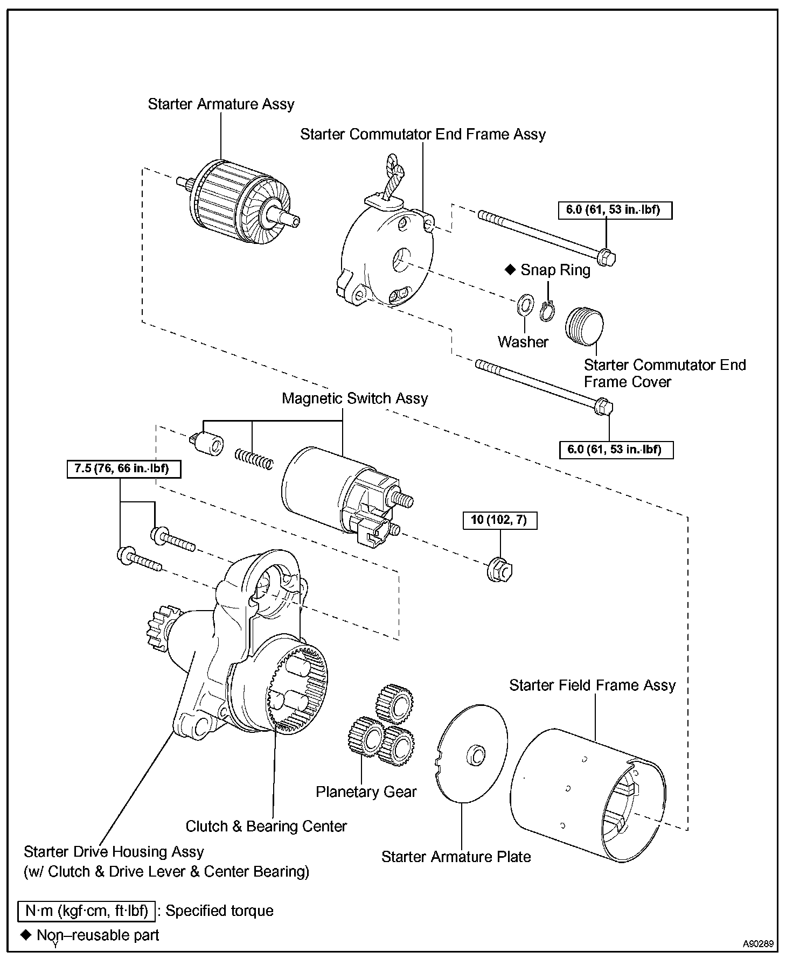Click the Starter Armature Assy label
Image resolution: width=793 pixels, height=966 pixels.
pyautogui.click(x=221, y=104)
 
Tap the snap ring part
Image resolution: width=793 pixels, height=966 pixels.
pyautogui.click(x=547, y=311)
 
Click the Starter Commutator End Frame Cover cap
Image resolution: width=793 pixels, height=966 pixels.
pyautogui.click(x=584, y=325)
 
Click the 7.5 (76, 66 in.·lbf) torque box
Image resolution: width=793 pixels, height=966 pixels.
pyautogui.click(x=124, y=468)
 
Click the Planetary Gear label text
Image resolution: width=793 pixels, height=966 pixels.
pyautogui.click(x=366, y=792)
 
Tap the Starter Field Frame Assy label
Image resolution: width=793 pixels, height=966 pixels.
pyautogui.click(x=592, y=685)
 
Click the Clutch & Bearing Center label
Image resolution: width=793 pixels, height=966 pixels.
pyautogui.click(x=266, y=826)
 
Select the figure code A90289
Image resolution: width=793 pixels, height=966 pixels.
pyautogui.click(x=758, y=943)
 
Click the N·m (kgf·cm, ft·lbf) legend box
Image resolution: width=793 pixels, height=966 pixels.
pyautogui.click(x=87, y=911)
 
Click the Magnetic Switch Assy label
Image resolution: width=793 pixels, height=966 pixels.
pyautogui.click(x=354, y=398)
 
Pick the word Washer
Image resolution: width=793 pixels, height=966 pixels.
pyautogui.click(x=523, y=342)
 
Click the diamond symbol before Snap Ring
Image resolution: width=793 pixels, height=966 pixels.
pyautogui.click(x=510, y=270)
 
